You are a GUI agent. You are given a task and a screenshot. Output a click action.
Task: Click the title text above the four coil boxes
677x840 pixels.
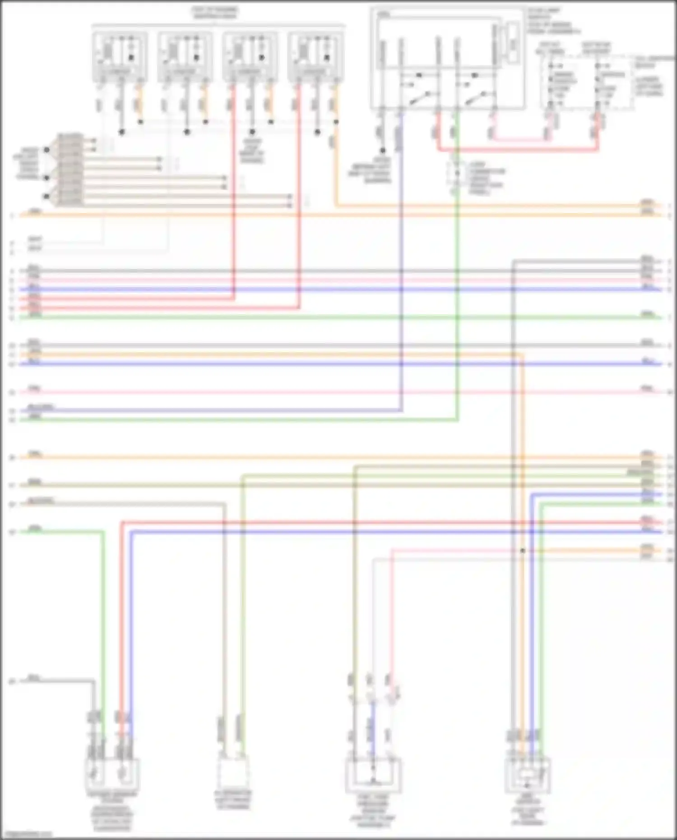coord(215,13)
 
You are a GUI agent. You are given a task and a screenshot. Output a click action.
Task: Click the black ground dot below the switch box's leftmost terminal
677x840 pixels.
coord(382,150)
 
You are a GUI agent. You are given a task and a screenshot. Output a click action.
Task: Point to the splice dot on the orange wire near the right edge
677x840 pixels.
coord(522,551)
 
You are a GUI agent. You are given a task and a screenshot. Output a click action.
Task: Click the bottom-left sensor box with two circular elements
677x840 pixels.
coord(112,774)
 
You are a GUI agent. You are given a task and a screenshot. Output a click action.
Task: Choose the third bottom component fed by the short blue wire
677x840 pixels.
coord(373,775)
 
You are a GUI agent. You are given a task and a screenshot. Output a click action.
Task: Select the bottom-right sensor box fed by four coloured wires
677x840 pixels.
coord(528,775)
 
